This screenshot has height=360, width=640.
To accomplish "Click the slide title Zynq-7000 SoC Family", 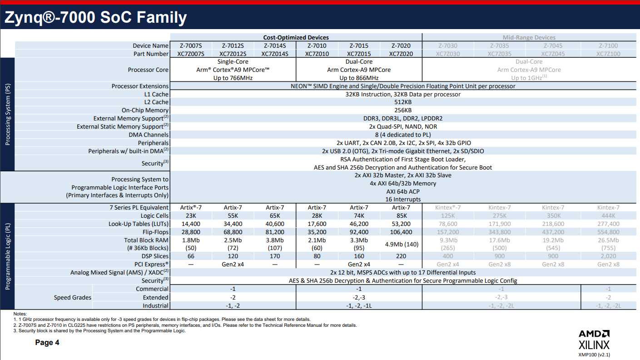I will pyautogui.click(x=95, y=18).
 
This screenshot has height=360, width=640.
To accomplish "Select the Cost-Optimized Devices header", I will pyautogui.click(x=296, y=37).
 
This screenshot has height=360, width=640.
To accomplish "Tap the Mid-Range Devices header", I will pyautogui.click(x=529, y=37).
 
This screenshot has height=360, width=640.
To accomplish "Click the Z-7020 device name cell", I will pyautogui.click(x=401, y=45).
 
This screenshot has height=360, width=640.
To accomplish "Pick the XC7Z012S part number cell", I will pyautogui.click(x=233, y=54).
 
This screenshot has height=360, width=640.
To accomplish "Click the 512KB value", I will pyautogui.click(x=403, y=102).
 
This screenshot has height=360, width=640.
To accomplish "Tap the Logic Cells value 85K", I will pyautogui.click(x=401, y=216).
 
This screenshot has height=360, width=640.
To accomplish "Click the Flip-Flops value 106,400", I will pyautogui.click(x=401, y=232).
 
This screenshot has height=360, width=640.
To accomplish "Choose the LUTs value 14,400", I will pyautogui.click(x=191, y=224).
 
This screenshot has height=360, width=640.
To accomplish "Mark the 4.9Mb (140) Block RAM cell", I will pyautogui.click(x=401, y=244).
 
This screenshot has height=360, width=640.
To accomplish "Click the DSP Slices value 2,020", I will pyautogui.click(x=608, y=256).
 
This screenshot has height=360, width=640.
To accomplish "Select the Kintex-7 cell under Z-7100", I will pyautogui.click(x=608, y=208).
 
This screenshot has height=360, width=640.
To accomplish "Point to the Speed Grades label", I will pyautogui.click(x=73, y=297).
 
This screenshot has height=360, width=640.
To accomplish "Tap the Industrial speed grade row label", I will pyautogui.click(x=155, y=305).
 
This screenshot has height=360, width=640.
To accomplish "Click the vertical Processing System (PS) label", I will pyautogui.click(x=8, y=114).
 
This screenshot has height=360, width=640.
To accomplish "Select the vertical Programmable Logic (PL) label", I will pyautogui.click(x=8, y=256).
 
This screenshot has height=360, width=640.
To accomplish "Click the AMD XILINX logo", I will pyautogui.click(x=594, y=339).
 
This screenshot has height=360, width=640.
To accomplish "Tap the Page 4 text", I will pyautogui.click(x=47, y=343).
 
